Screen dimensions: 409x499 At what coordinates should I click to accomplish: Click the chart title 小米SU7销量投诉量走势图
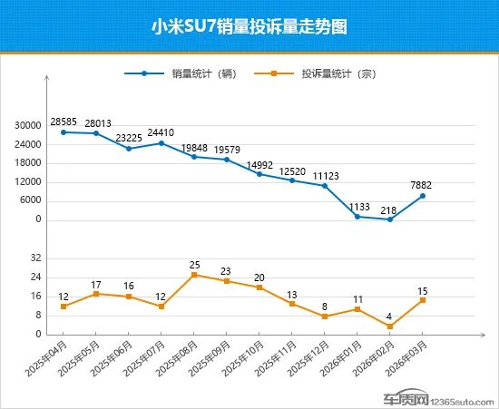249,26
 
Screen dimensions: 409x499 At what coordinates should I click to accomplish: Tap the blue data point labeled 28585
64,132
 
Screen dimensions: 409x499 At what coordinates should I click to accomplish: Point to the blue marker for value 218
390,219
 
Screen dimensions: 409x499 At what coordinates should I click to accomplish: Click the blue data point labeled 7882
423,196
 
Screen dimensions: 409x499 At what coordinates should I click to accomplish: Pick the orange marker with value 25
194,275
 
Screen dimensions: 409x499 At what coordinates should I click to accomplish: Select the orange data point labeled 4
390,326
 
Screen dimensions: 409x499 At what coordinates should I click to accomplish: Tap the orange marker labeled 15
423,300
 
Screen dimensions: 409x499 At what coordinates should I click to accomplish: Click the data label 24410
161,132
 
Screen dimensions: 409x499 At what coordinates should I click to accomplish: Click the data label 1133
357,206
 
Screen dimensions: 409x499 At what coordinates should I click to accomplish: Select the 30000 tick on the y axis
29,126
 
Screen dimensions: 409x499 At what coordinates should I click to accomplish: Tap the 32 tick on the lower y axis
37,258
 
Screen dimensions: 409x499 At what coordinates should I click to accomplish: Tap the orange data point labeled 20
259,287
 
